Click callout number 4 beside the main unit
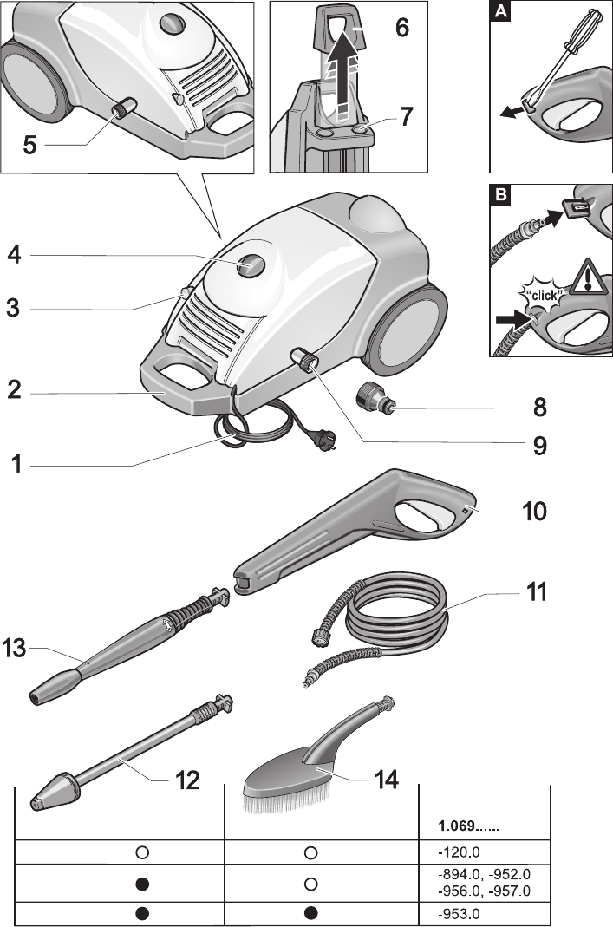15,257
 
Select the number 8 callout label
540,406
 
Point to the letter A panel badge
499,11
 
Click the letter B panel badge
499,196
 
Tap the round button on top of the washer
250,263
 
